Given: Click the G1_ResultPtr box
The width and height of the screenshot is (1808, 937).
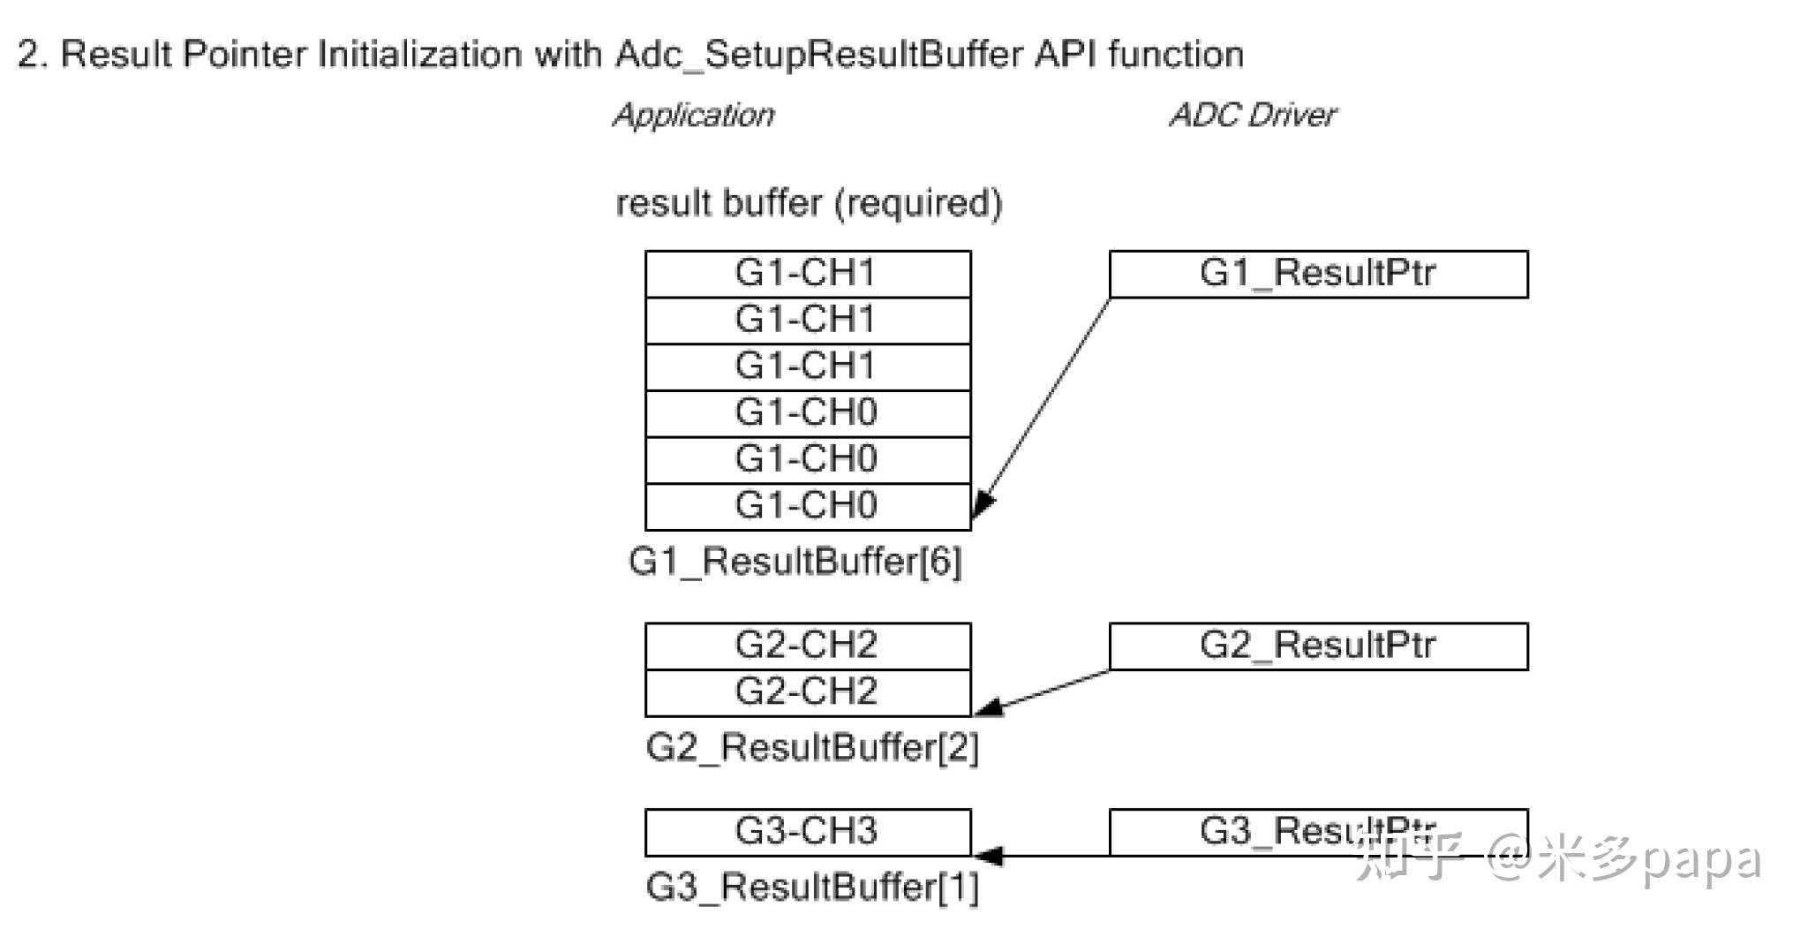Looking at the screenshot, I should (1317, 274).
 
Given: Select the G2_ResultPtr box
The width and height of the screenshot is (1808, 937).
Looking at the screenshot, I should (1317, 646).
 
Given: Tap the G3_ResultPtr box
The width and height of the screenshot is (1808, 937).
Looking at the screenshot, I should (1317, 832).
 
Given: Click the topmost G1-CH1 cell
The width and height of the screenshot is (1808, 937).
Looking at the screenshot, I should (807, 274).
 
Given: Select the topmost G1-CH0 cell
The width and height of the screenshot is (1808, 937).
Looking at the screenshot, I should (807, 413).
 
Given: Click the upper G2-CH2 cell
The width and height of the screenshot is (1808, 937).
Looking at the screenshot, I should (807, 646).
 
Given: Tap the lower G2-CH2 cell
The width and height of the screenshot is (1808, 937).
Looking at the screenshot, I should (807, 692).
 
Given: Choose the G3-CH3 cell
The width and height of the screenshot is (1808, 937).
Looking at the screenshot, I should (807, 832).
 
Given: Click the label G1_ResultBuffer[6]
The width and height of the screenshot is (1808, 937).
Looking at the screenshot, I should (795, 562).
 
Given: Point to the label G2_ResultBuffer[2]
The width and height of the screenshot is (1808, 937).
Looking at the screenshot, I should (812, 748).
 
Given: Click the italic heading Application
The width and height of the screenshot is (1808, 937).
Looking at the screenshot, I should (694, 116).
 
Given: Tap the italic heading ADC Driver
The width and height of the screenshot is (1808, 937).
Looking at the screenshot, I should (1252, 116).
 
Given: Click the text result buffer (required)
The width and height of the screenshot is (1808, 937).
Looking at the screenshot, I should (809, 204).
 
